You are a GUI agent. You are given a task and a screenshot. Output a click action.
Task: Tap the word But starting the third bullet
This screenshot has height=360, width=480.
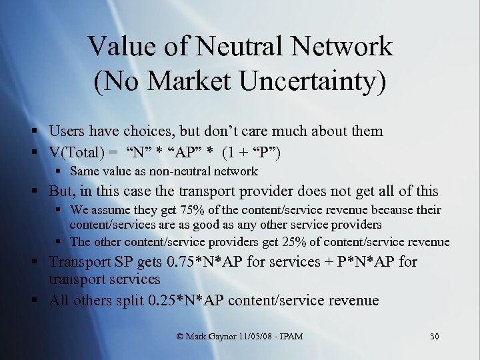[62, 191]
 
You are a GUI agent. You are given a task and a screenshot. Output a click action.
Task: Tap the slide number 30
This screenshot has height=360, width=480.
[434, 336]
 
